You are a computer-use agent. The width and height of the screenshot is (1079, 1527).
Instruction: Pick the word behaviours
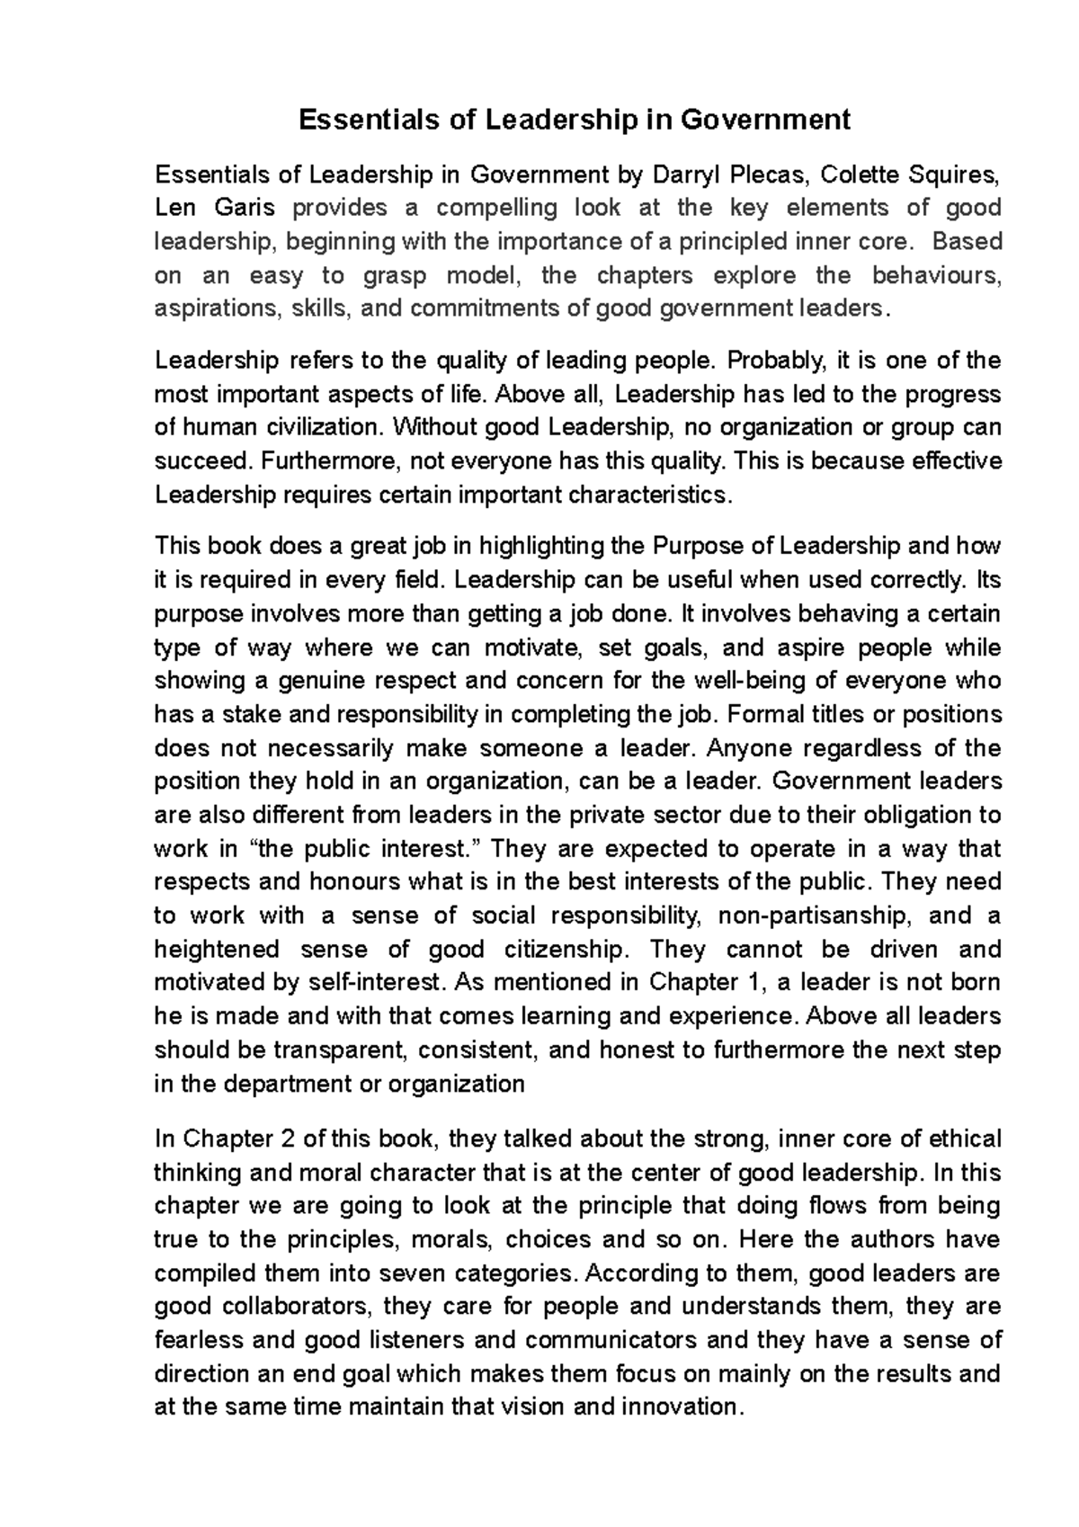(x=936, y=275)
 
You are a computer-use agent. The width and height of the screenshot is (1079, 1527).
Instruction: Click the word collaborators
(x=287, y=1307)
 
